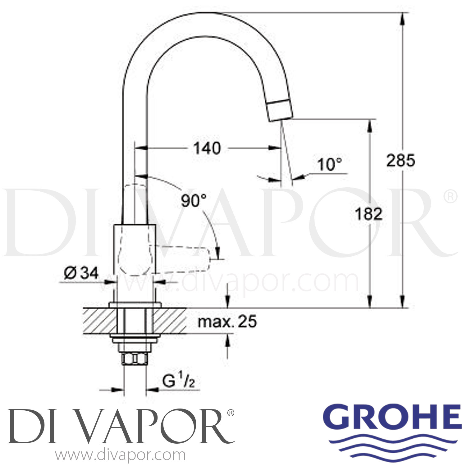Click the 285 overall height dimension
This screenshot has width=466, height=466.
pyautogui.click(x=400, y=161)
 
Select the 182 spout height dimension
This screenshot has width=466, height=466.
pyautogui.click(x=369, y=214)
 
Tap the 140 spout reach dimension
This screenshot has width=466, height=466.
pyautogui.click(x=207, y=148)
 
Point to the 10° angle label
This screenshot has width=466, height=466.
pyautogui.click(x=330, y=164)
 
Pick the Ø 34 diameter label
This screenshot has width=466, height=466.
pyautogui.click(x=81, y=273)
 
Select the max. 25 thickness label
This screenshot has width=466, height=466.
pyautogui.click(x=227, y=322)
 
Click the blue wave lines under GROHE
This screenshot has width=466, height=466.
pyautogui.click(x=392, y=448)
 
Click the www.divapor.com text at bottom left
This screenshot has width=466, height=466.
pyautogui.click(x=121, y=456)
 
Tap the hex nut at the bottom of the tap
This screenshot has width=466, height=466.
pyautogui.click(x=135, y=359)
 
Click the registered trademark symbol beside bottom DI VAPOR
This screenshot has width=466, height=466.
pyautogui.click(x=231, y=413)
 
